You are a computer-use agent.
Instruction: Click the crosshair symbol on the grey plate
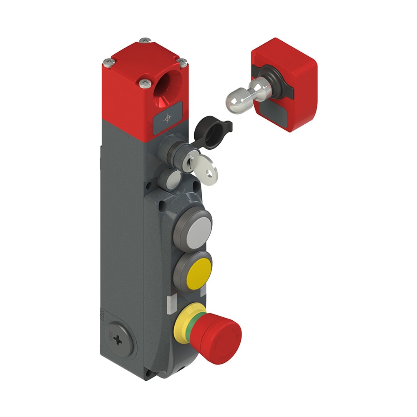pyautogui.click(x=167, y=118)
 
